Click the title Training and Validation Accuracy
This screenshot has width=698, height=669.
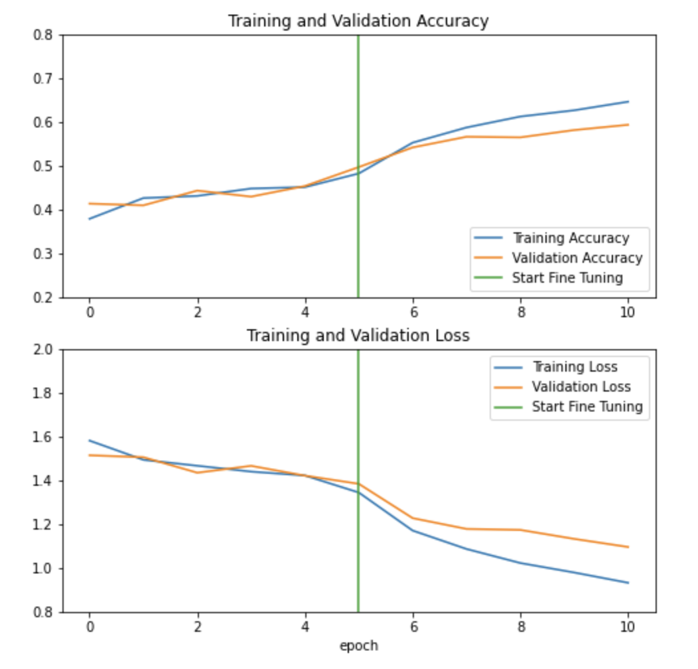358,21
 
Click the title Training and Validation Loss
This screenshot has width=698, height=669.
358,335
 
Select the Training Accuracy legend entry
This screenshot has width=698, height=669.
570,238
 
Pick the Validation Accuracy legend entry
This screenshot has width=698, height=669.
577,258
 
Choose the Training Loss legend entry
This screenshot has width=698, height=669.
575,366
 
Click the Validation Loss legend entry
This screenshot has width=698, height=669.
581,386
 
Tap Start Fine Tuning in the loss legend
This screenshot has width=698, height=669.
587,406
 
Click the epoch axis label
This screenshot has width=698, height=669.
358,645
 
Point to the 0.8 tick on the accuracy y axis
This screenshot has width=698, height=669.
43,35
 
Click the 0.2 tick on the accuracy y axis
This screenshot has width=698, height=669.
43,297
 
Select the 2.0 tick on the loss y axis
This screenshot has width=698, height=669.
43,349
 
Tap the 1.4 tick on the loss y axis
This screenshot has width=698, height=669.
43,481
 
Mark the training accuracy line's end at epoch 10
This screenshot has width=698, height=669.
628,102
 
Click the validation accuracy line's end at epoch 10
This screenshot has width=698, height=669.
628,125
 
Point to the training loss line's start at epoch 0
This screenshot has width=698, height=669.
89,440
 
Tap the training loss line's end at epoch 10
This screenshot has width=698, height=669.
628,583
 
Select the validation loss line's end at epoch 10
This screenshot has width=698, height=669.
628,547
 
